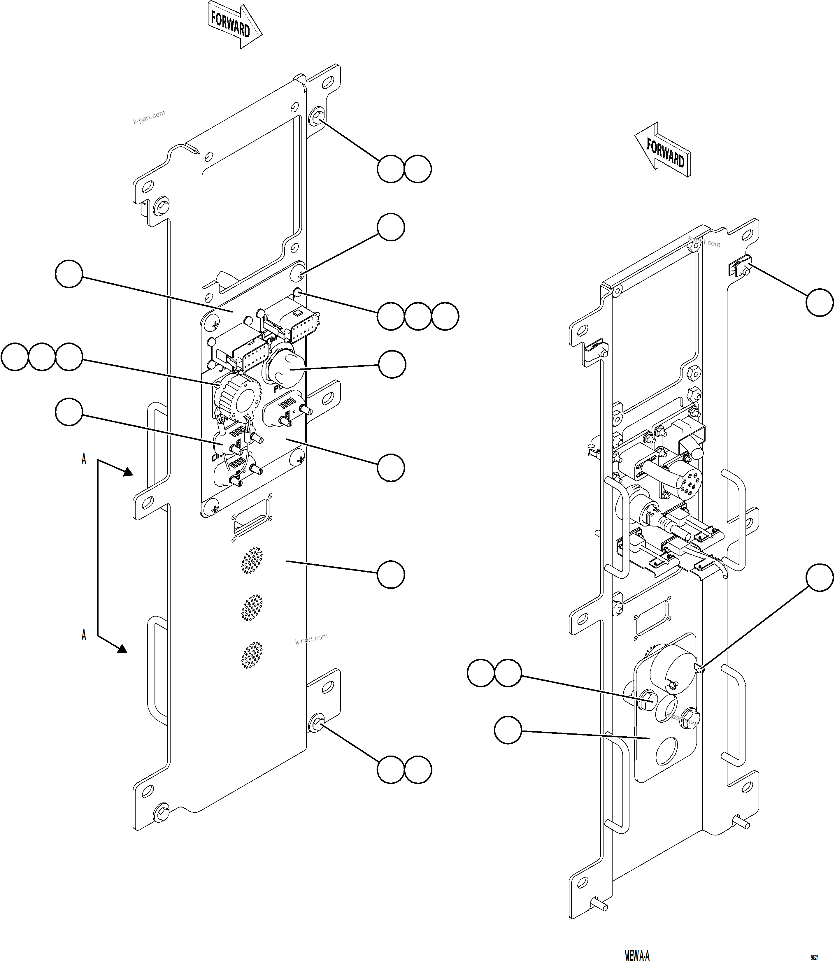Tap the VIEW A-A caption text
pos(637,956)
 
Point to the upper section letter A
pos(84,459)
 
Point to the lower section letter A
pos(84,635)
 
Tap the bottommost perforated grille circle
pos(252,655)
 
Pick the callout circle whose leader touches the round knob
pos(392,364)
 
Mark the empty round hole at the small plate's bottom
pos(667,752)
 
